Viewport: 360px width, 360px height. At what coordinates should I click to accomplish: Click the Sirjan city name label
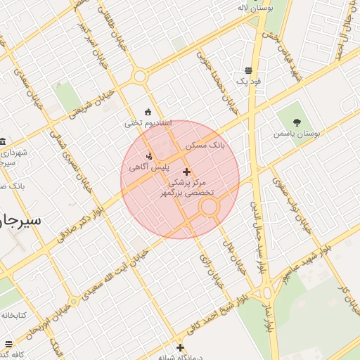(x=21, y=219)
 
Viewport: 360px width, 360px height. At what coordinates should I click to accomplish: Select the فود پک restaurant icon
(x=248, y=71)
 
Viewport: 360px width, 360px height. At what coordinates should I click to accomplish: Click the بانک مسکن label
(x=205, y=145)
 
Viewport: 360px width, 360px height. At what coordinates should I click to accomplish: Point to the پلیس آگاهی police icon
(x=148, y=156)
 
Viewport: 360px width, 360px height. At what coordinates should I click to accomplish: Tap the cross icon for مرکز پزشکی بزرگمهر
(x=186, y=172)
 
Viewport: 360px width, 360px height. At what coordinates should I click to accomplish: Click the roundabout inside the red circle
(x=209, y=207)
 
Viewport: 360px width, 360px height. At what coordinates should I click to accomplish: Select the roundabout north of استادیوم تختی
(x=139, y=76)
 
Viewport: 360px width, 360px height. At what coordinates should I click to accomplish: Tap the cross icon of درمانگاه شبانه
(x=181, y=347)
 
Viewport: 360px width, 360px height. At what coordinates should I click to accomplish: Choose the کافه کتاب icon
(x=8, y=345)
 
